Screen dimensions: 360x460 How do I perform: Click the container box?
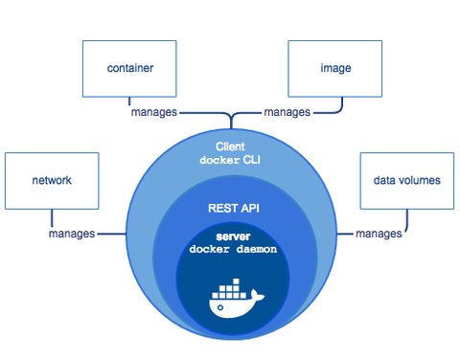point(131,69)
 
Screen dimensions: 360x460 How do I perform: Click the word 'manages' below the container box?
point(154,112)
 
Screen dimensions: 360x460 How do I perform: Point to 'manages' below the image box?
point(287,112)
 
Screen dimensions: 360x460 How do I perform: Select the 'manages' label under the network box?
point(71,233)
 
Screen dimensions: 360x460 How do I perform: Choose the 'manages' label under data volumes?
point(379,233)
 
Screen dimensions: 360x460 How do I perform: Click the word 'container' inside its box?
point(131,69)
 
